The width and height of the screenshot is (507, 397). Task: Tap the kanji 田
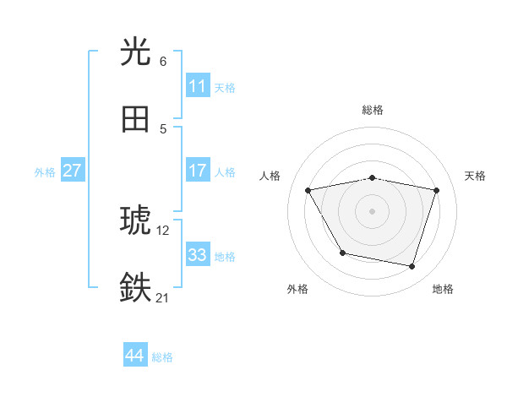tap(135, 120)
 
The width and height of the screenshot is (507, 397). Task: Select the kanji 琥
tap(135, 220)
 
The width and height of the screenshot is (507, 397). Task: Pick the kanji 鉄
tap(135, 288)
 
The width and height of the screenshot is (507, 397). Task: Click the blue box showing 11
tap(197, 86)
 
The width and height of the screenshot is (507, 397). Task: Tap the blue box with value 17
tap(197, 171)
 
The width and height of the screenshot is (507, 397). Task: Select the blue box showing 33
tap(197, 255)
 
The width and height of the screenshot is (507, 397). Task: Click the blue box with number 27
tap(72, 171)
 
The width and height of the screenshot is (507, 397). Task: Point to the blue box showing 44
tap(134, 356)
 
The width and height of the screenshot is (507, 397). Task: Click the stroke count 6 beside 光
tap(163, 61)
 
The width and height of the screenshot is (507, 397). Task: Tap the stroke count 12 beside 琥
tap(163, 230)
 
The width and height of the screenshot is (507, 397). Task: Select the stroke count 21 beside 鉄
tap(163, 297)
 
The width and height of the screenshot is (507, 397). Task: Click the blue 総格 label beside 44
tap(162, 357)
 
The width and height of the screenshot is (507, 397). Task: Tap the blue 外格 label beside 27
tap(45, 172)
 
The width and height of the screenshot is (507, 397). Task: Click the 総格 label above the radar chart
tap(373, 110)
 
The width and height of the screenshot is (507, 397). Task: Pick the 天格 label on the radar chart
tap(476, 176)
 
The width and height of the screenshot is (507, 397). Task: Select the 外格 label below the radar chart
tap(297, 289)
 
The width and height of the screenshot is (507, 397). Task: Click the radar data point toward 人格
tap(308, 191)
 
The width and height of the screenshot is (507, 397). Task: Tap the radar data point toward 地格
tap(412, 266)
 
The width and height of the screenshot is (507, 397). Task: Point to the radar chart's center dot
tap(373, 211)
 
